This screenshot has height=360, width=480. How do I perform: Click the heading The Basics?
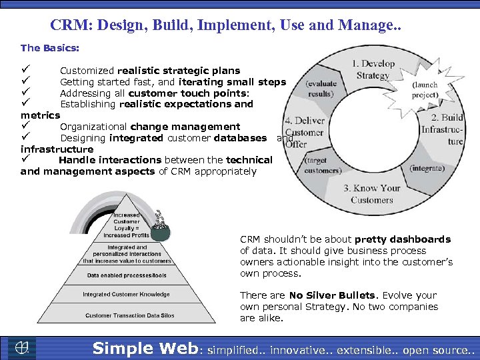pos(50,48)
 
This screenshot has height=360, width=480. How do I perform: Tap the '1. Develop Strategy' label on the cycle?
pos(373,70)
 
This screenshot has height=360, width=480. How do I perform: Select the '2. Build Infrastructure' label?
pos(442,129)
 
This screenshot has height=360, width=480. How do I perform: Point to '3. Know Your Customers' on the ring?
pos(372,194)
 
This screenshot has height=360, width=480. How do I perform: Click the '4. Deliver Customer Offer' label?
pos(304,132)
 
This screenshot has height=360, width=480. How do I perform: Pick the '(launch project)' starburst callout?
pos(425,90)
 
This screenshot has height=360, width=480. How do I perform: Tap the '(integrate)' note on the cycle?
pos(427,169)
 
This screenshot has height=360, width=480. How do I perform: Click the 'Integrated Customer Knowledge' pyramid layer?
pos(126,294)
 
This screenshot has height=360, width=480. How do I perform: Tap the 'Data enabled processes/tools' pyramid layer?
pos(126,275)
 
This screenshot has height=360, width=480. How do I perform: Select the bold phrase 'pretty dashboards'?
pos(403,239)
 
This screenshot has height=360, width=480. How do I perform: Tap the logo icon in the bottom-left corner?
pos(22,348)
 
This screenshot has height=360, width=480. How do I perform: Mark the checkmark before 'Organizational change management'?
pos(25,126)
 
